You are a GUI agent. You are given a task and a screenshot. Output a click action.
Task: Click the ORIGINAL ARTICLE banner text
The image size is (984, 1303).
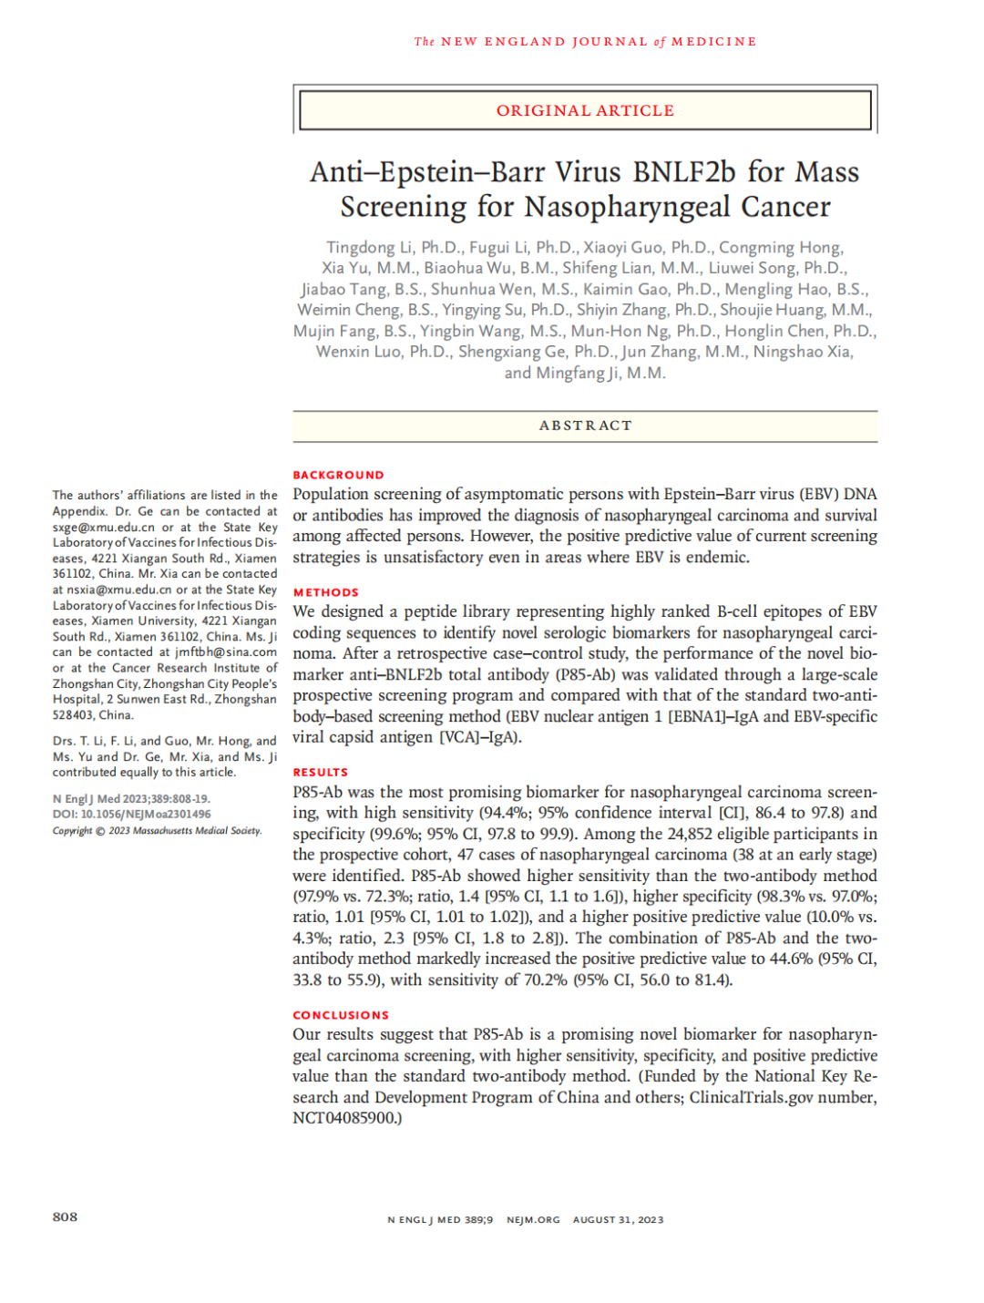(585, 110)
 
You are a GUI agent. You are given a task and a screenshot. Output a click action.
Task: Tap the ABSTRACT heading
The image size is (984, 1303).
(585, 426)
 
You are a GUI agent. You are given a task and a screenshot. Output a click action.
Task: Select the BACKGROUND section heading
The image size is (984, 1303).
(338, 475)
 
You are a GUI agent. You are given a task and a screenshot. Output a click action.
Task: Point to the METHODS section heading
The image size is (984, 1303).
(325, 592)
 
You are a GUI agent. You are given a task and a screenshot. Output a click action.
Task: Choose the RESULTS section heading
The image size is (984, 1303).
(320, 772)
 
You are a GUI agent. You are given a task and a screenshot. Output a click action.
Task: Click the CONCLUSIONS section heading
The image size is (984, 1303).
(340, 1015)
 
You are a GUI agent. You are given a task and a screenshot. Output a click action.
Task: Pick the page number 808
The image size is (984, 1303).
(65, 1217)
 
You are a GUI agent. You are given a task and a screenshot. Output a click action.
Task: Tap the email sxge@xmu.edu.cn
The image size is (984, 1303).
(103, 528)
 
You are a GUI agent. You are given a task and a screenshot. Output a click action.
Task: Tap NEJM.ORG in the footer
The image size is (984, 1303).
(533, 1220)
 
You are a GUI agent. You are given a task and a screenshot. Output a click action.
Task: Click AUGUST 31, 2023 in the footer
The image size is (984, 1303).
(618, 1220)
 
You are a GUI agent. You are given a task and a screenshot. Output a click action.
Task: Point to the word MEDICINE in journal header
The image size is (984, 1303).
(713, 42)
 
